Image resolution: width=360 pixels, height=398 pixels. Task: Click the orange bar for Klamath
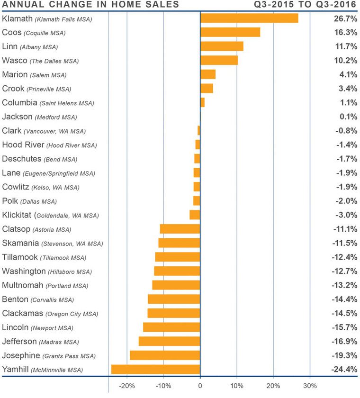point(249,18)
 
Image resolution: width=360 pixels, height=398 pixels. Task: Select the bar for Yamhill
point(155,370)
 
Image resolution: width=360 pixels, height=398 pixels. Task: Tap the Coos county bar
point(230,32)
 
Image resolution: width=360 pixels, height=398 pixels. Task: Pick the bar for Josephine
point(165,355)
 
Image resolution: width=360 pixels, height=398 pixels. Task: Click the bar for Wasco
point(219,60)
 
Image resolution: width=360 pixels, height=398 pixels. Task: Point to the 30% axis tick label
point(310,385)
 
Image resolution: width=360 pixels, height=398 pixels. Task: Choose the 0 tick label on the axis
point(200,385)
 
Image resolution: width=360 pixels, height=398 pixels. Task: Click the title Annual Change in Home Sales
point(90,5)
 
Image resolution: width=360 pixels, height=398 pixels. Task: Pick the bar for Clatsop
point(180,229)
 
